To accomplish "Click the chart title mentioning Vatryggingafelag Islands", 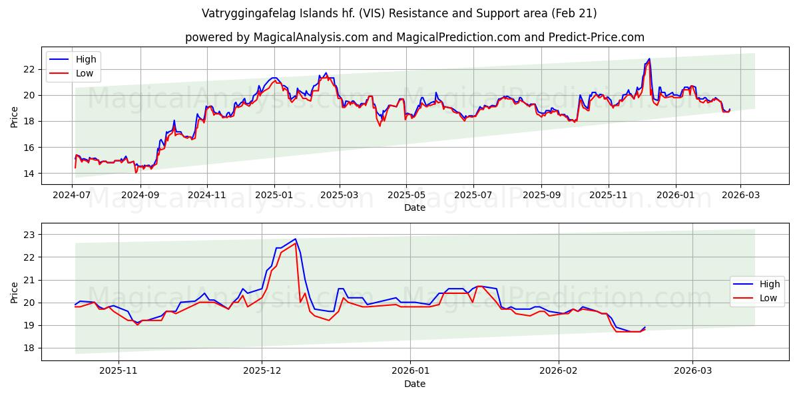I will [x=399, y=13].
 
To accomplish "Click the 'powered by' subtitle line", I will [x=414, y=37].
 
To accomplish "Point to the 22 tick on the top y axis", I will [x=29, y=69].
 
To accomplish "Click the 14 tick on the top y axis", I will [x=29, y=174].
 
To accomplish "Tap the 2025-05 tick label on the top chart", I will [x=406, y=196].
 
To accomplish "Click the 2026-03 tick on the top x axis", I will [x=740, y=196].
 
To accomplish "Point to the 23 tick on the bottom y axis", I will [x=29, y=234].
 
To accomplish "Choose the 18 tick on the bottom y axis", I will [x=29, y=348].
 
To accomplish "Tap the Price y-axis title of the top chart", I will [x=15, y=117].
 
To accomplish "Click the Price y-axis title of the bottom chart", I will [x=15, y=293].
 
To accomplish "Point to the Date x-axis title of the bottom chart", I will [x=414, y=384].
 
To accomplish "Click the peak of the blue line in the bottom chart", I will [x=295, y=239].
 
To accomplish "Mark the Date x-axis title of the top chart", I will [x=414, y=207].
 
